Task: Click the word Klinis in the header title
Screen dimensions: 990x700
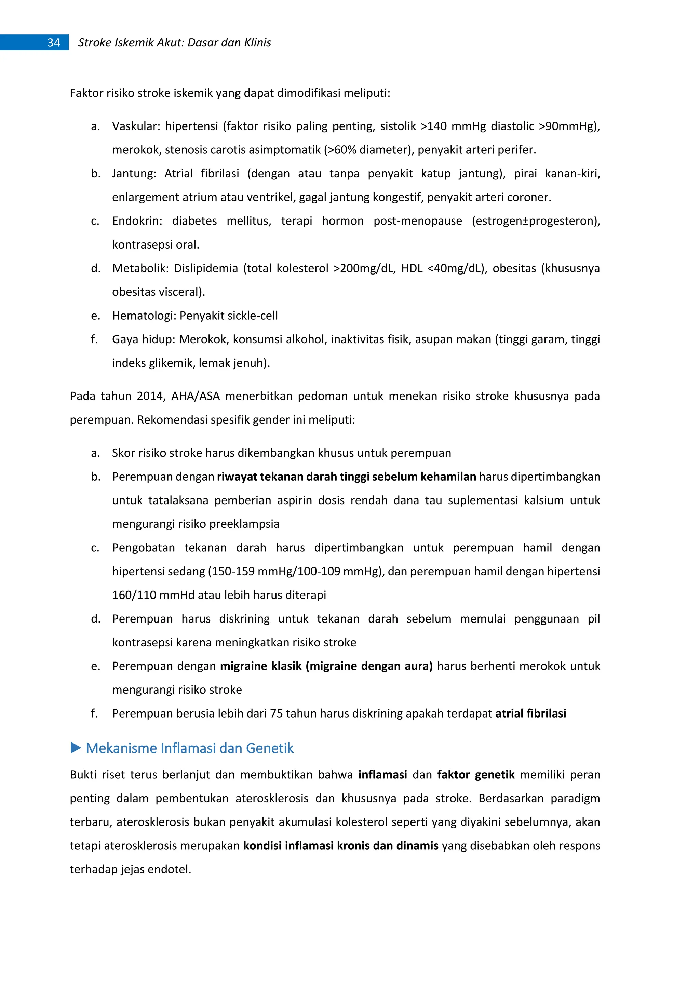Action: (257, 43)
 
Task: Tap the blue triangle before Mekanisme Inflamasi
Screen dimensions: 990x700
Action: (76, 748)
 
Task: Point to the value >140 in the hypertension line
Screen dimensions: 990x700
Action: (434, 126)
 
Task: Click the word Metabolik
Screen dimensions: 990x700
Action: (138, 269)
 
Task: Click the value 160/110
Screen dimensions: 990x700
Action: (134, 596)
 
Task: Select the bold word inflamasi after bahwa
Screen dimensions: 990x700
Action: (382, 775)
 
